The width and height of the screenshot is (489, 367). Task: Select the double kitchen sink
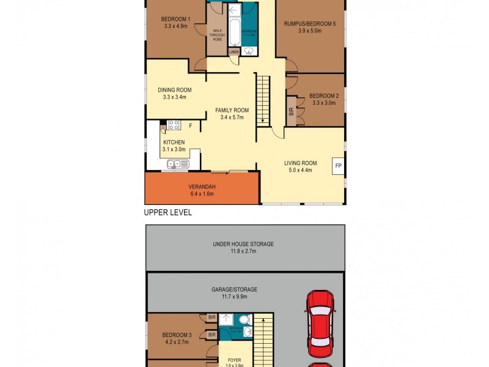click(x=178, y=163)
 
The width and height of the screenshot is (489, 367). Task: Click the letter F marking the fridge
click(x=191, y=126)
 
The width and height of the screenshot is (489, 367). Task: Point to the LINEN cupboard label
click(x=233, y=53)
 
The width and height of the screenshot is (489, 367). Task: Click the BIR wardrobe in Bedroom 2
click(x=291, y=112)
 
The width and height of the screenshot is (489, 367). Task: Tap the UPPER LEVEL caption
click(x=167, y=213)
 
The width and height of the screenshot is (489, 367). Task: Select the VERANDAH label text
click(x=202, y=187)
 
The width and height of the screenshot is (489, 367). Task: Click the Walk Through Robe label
click(x=217, y=35)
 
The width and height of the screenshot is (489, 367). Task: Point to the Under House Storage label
click(x=243, y=244)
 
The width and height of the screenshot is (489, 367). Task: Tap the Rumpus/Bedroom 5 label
click(x=310, y=24)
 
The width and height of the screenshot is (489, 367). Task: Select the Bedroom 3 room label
click(x=177, y=335)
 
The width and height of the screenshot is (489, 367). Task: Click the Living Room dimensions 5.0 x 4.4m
click(x=300, y=171)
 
